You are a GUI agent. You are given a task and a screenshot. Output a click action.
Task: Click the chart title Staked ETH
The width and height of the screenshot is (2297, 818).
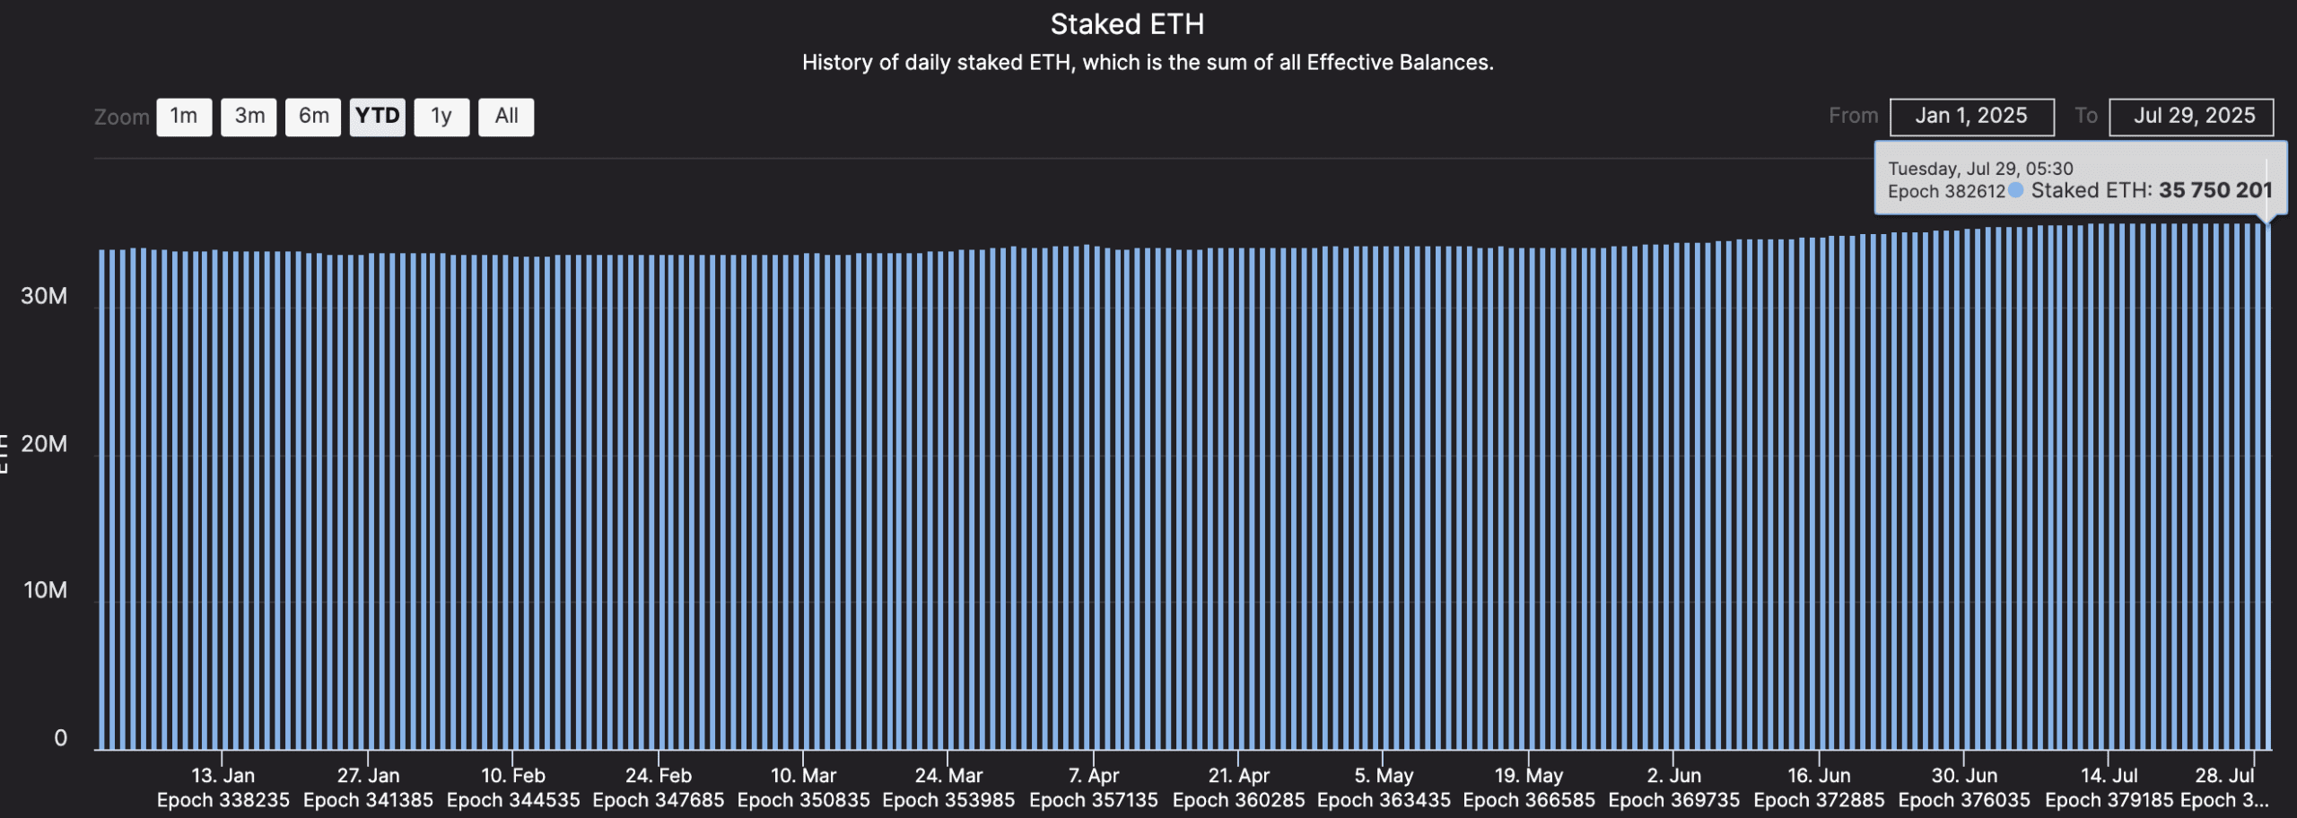click(x=1127, y=24)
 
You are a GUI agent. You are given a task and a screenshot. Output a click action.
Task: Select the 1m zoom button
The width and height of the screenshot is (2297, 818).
click(x=184, y=117)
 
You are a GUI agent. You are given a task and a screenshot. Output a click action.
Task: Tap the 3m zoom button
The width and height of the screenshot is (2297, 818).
click(x=249, y=117)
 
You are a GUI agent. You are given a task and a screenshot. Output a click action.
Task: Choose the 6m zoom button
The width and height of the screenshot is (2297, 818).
click(x=313, y=117)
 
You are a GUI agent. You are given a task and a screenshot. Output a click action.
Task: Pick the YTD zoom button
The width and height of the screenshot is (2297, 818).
click(x=377, y=117)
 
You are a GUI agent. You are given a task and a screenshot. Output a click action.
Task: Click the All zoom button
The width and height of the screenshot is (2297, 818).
click(x=506, y=117)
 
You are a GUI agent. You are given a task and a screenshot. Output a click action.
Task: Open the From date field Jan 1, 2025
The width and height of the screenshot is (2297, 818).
click(x=1971, y=117)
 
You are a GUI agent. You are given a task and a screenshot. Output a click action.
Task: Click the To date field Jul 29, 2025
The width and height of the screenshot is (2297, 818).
click(x=2191, y=117)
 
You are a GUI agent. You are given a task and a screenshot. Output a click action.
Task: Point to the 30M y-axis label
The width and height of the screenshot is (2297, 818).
click(x=44, y=296)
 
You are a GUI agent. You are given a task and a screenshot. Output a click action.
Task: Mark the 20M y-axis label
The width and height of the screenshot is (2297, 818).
click(x=44, y=444)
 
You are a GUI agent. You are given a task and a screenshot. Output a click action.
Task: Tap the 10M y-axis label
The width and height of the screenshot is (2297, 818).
click(x=45, y=590)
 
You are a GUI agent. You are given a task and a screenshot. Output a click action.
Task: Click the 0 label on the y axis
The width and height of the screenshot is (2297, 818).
click(x=60, y=738)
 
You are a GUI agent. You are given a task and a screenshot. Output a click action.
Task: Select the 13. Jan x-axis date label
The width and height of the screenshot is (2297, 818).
click(x=223, y=776)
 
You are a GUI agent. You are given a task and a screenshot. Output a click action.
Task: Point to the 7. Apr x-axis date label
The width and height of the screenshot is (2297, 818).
click(x=1094, y=776)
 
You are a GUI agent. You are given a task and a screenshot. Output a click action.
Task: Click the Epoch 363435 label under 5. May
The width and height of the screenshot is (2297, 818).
click(x=1384, y=800)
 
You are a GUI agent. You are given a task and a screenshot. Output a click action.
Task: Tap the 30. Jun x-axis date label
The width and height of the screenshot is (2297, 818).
click(x=1964, y=776)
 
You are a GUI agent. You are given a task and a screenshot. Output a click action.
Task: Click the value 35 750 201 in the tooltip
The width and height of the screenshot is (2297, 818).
click(x=2215, y=190)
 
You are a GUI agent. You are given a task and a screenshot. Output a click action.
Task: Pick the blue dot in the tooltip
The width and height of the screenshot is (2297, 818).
click(x=2015, y=190)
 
